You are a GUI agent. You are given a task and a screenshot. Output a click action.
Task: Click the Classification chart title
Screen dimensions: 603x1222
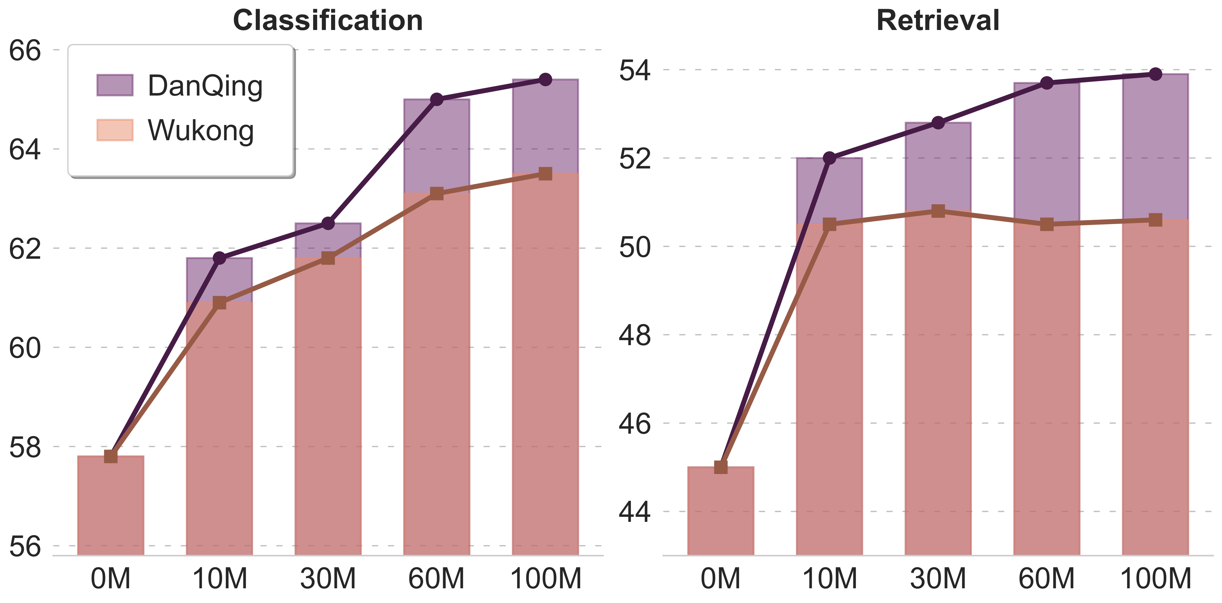tap(328, 21)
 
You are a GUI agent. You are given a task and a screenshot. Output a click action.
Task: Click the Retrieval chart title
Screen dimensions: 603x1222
tap(938, 21)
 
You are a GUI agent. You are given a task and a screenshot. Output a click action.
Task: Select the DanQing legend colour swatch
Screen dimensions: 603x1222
tap(115, 85)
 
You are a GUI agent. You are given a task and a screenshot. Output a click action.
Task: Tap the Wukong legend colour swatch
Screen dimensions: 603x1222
tap(115, 130)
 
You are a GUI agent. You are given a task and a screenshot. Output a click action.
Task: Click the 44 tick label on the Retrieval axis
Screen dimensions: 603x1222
tap(635, 512)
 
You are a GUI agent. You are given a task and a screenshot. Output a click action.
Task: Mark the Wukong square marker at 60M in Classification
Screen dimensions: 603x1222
tap(436, 193)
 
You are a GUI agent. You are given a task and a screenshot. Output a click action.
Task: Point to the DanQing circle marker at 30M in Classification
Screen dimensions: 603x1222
tap(328, 223)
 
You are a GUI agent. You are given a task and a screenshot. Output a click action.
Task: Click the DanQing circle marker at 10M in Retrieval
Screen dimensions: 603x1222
tap(829, 158)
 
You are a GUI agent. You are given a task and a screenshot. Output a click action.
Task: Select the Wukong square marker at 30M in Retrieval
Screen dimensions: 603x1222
tap(938, 211)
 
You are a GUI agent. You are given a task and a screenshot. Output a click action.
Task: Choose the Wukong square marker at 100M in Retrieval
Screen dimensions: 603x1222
tap(1156, 220)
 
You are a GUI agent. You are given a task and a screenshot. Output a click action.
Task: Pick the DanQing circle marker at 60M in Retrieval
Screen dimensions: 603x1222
tap(1046, 83)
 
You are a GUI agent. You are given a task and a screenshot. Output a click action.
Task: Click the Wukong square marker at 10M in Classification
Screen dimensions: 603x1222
tap(219, 303)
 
